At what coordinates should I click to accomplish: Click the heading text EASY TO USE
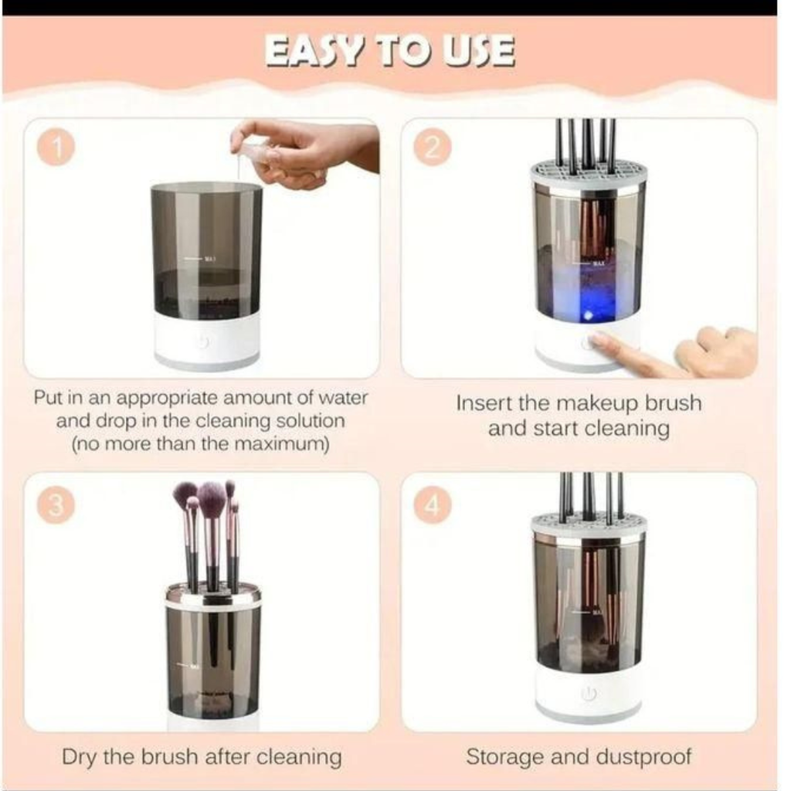pos(390,52)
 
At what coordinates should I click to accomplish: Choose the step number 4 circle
pos(433,507)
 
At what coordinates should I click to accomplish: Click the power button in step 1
pos(203,342)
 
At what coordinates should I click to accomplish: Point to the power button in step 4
pos(589,694)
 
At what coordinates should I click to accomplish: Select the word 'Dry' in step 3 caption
pos(80,756)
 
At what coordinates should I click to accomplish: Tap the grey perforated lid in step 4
pos(589,523)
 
